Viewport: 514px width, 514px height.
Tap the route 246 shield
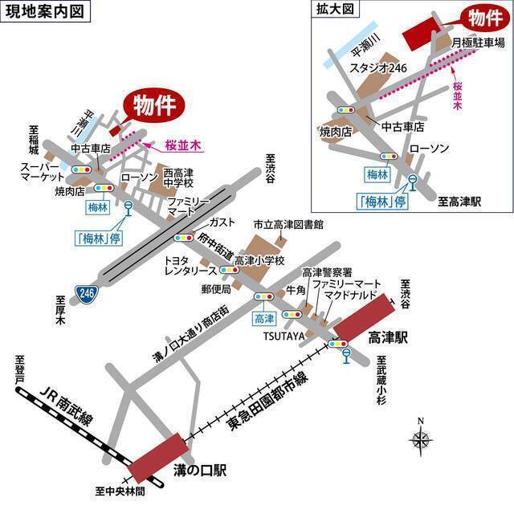pyautogui.click(x=86, y=294)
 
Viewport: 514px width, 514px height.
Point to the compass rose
pyautogui.click(x=421, y=439)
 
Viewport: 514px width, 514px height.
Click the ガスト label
pyautogui.click(x=221, y=222)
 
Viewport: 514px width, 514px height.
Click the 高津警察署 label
pyautogui.click(x=326, y=272)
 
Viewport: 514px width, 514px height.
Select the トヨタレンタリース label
pyautogui.click(x=186, y=267)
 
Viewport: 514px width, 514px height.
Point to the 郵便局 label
pyautogui.click(x=216, y=288)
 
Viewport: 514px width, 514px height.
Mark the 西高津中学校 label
pyautogui.click(x=178, y=178)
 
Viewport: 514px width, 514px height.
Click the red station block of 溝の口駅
pyautogui.click(x=155, y=458)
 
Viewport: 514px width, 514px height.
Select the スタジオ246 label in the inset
pyautogui.click(x=373, y=69)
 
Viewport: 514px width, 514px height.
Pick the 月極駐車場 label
pyautogui.click(x=477, y=43)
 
